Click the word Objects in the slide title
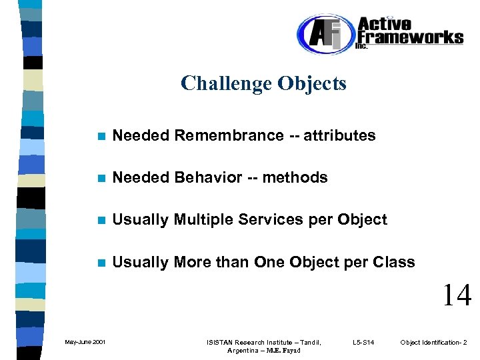(312, 83)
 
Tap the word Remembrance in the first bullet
(229, 135)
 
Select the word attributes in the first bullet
(339, 135)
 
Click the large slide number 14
(457, 295)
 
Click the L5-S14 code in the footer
(363, 343)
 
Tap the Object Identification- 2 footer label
(433, 343)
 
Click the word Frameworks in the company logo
(410, 37)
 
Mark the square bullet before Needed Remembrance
(101, 136)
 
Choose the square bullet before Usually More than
(101, 263)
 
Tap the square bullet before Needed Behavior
(101, 178)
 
